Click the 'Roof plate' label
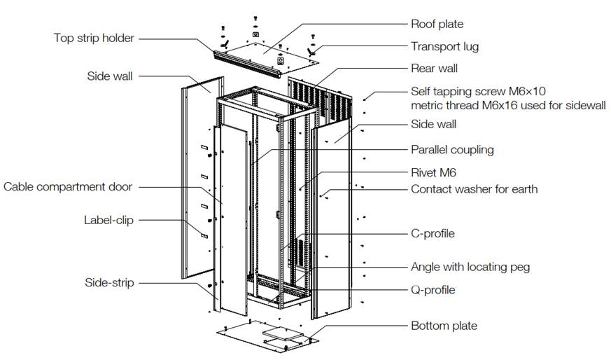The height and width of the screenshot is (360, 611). point(437,25)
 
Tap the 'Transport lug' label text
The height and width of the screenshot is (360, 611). point(444,46)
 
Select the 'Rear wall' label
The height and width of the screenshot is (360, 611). point(434,69)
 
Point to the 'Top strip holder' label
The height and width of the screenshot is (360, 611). point(94,38)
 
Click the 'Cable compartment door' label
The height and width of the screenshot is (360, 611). point(68,186)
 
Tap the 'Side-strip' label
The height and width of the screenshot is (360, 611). point(110,282)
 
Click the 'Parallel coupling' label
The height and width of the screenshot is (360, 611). point(452,150)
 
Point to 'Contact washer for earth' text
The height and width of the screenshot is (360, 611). point(474,189)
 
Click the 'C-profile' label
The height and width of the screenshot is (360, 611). point(433,233)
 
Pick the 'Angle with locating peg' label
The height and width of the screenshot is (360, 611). point(470,267)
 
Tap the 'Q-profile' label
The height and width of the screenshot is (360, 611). point(433,289)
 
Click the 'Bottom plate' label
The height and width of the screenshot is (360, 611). point(444,326)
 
